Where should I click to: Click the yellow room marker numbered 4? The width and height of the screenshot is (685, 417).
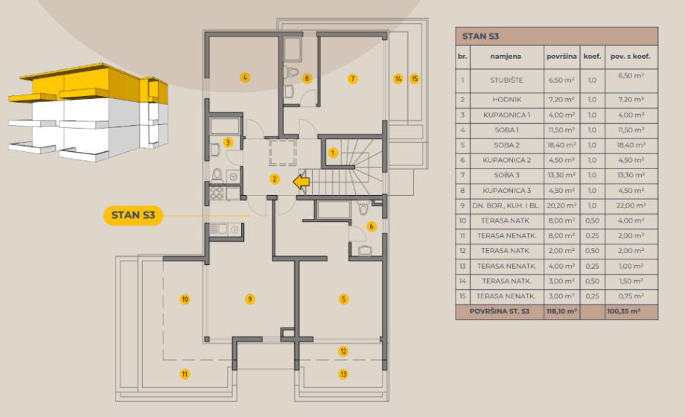point(244,77)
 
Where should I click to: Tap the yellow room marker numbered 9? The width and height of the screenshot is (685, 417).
point(250,299)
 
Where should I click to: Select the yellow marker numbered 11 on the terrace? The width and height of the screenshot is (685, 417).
point(184,374)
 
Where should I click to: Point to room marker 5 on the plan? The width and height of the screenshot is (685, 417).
point(343,299)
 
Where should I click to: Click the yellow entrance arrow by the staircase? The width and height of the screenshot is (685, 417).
point(302,181)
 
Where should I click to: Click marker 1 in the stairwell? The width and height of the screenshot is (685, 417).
point(333,153)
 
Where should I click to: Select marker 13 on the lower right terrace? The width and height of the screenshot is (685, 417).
point(343,374)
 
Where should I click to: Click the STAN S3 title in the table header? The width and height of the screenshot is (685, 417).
point(480,36)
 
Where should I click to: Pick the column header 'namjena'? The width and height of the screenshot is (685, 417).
point(506,56)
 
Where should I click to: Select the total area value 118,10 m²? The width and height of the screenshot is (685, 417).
point(561,313)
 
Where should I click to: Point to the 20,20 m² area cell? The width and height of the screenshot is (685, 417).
point(561,206)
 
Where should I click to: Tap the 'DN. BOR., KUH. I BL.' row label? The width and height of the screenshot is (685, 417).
point(506,206)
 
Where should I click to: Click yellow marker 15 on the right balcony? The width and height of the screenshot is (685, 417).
point(415,78)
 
